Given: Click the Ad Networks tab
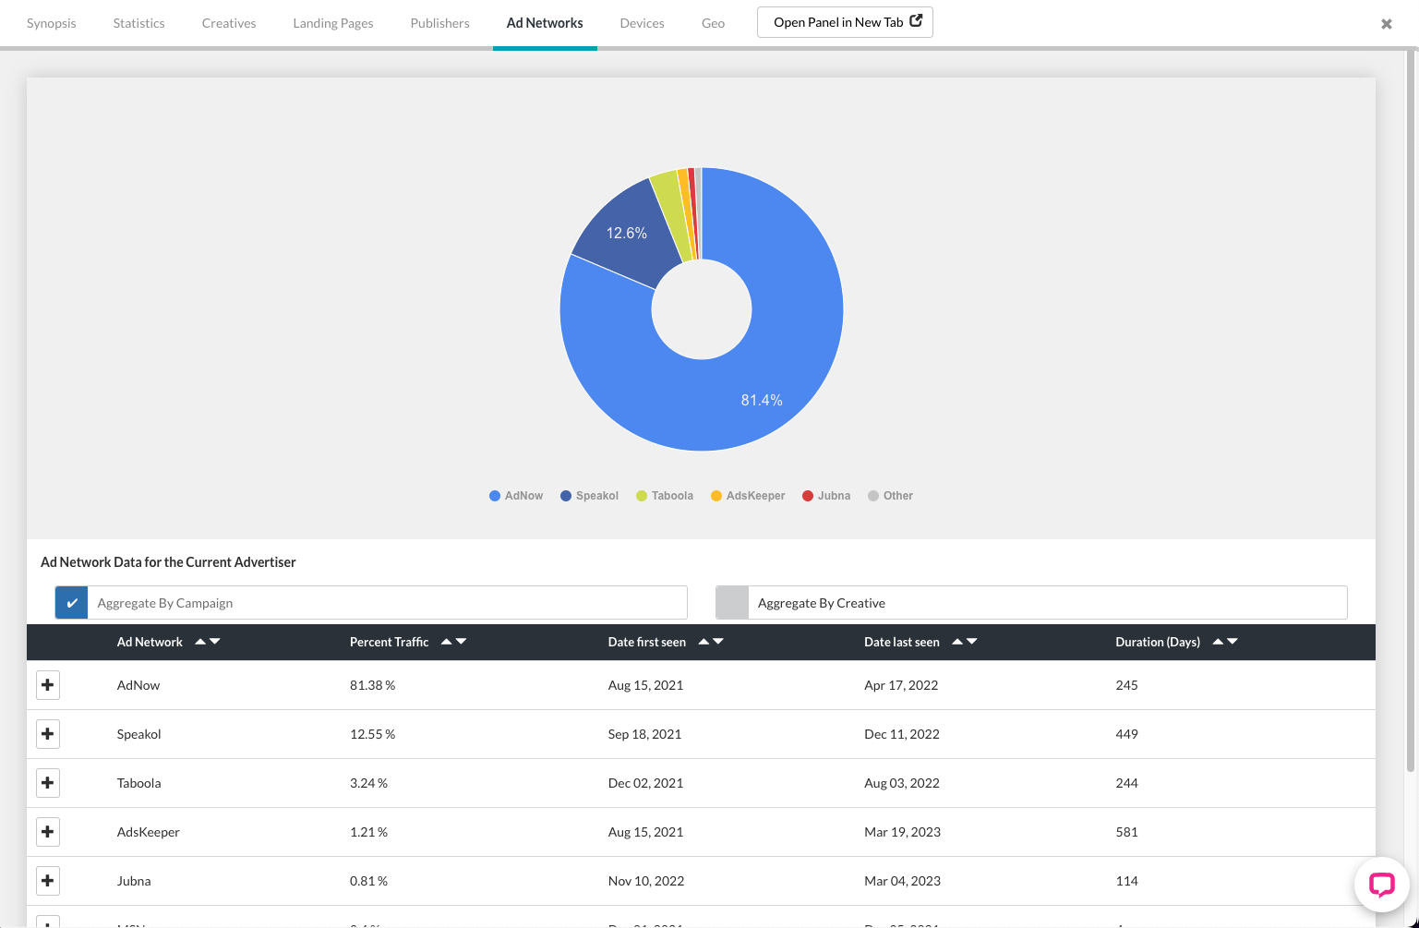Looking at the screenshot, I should (545, 23).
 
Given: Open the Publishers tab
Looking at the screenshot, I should (439, 23).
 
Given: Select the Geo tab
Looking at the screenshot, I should (713, 23).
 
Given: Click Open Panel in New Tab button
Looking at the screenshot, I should (845, 22).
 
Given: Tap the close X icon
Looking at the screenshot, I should (1386, 24).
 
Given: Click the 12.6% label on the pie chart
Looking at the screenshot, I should (626, 234).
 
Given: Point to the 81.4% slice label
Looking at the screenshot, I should (762, 400).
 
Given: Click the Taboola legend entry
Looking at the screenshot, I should (665, 496).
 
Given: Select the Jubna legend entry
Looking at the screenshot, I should (826, 496).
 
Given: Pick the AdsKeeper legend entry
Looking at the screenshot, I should (748, 496).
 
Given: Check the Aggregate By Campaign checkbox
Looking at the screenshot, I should (72, 603).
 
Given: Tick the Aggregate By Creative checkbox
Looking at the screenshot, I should (732, 603).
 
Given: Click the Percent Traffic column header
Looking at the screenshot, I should (390, 642).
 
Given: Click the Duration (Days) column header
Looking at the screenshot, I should (1158, 642).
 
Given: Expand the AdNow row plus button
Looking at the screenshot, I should (48, 685).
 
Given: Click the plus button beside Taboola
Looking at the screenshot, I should (48, 783).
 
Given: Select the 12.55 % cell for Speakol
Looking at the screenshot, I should (372, 734).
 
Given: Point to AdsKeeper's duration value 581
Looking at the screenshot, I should (1126, 832).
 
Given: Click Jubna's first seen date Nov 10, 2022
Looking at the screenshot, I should (646, 881).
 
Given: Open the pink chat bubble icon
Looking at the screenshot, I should (1381, 885).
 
